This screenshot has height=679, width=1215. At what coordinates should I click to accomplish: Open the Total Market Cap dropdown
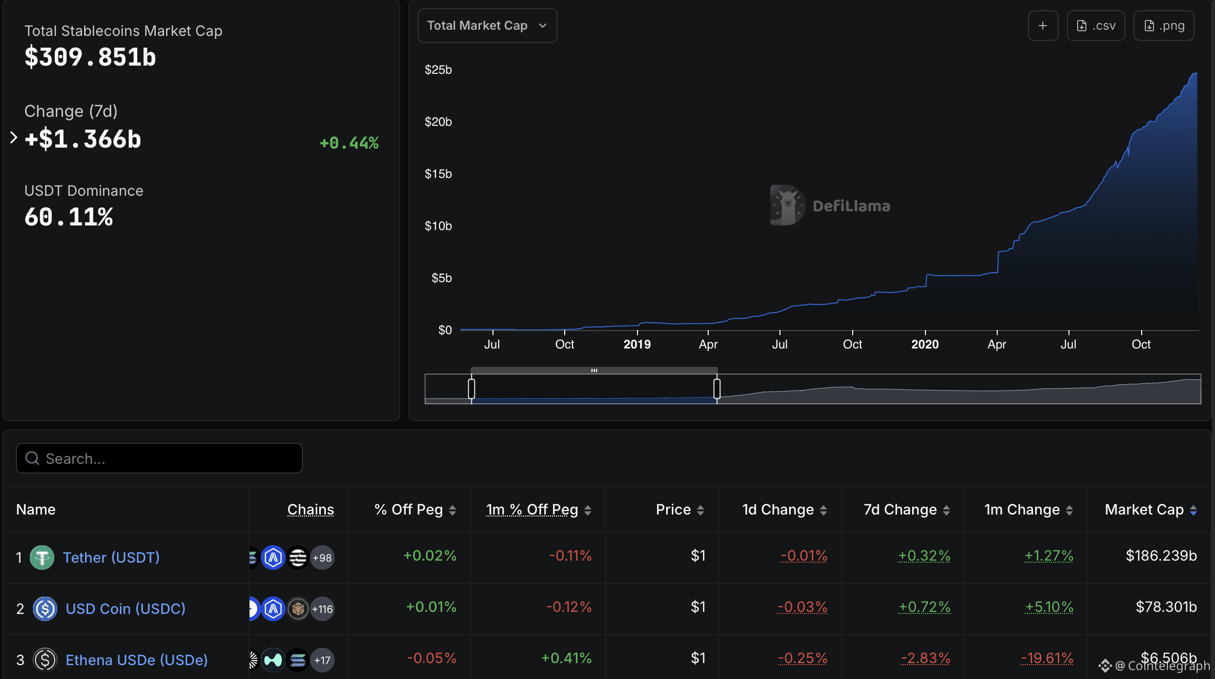point(487,26)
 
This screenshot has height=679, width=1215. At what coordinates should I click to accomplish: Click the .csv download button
point(1096,26)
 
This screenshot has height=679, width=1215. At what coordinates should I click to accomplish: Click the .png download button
point(1164,26)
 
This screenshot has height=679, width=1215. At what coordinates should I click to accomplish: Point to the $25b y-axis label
point(438,70)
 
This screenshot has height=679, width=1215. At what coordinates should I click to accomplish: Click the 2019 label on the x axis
point(637,344)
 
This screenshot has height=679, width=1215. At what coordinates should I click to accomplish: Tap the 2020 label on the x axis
point(924,344)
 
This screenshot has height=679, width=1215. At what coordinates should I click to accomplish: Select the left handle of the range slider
point(471,388)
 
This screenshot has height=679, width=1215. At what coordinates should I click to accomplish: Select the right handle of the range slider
point(717,388)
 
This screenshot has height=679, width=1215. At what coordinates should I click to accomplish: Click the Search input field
point(159,458)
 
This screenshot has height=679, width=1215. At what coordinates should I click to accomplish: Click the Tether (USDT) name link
point(111,558)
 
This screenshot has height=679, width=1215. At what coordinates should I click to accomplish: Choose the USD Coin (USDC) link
point(126,609)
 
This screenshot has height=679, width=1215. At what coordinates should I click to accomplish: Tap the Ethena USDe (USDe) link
point(136,660)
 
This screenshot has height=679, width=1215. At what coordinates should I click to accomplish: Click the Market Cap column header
point(1144,509)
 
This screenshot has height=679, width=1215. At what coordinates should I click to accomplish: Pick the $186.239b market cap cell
point(1161,555)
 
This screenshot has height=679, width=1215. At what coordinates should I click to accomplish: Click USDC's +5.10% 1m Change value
point(1048,607)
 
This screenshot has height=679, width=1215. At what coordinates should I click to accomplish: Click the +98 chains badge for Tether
point(322,558)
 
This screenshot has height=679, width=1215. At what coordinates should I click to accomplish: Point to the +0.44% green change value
point(349,143)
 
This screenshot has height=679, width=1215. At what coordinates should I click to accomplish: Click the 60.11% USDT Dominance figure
point(69,217)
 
